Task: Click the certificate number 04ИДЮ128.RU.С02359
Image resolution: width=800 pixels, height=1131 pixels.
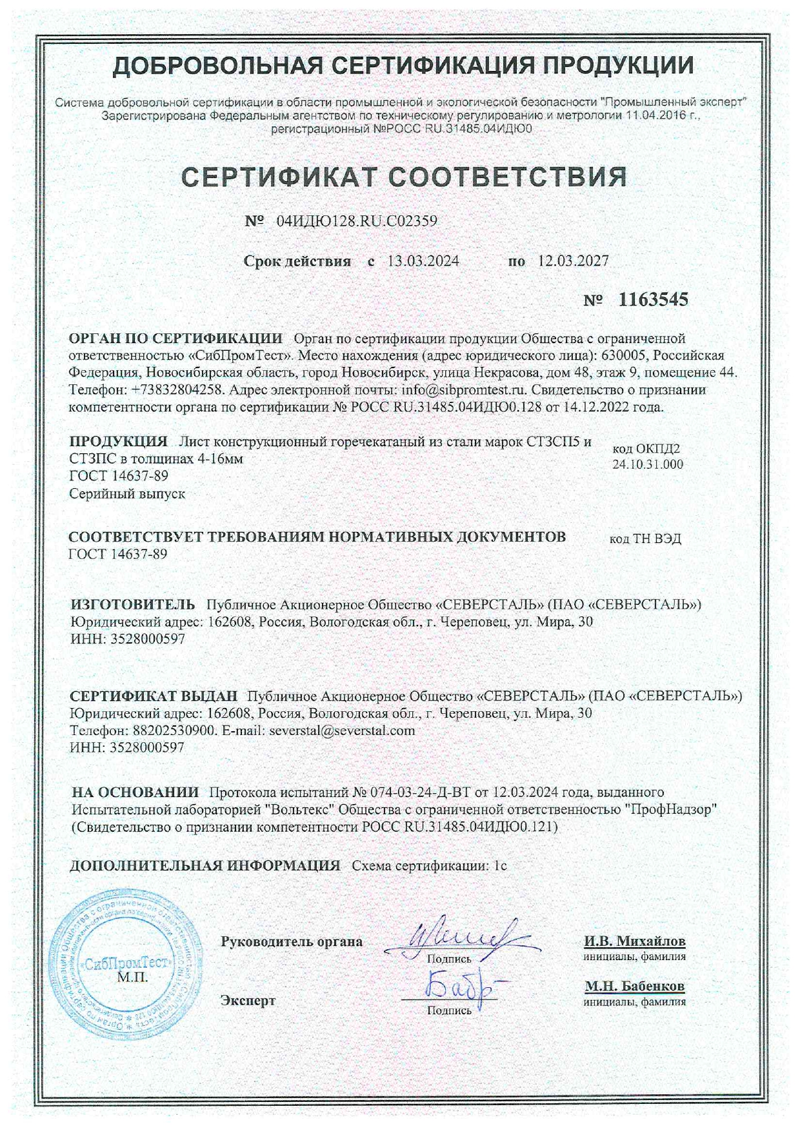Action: pyautogui.click(x=357, y=221)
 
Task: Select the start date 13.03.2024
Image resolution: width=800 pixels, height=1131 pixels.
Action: pyautogui.click(x=423, y=261)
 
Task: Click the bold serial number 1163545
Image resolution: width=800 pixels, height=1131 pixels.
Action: pyautogui.click(x=653, y=299)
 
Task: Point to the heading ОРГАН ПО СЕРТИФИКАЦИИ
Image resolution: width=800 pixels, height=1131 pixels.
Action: pyautogui.click(x=175, y=339)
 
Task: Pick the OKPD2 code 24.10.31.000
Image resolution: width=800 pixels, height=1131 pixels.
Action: pyautogui.click(x=648, y=464)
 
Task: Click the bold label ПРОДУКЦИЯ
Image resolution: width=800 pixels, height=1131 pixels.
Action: pyautogui.click(x=118, y=442)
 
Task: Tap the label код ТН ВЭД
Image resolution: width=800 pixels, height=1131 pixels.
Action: pyautogui.click(x=645, y=538)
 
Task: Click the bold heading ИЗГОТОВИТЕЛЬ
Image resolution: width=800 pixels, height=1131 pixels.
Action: pyautogui.click(x=132, y=604)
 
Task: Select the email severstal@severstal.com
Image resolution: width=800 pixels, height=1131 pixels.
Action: pyautogui.click(x=342, y=731)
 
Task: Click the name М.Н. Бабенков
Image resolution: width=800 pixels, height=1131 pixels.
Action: pyautogui.click(x=635, y=986)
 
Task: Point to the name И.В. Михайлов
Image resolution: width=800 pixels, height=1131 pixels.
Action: pyautogui.click(x=635, y=941)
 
